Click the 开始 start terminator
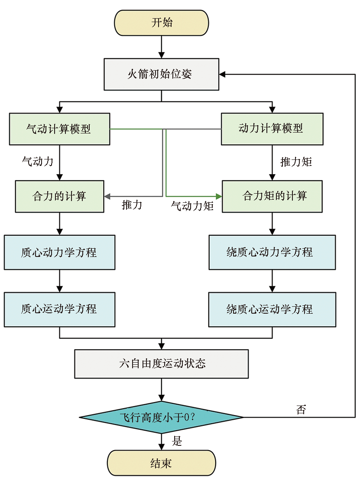click(x=162, y=23)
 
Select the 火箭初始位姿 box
click(x=161, y=74)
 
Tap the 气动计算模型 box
click(x=59, y=129)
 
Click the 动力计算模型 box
click(x=272, y=129)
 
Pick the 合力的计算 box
click(x=59, y=196)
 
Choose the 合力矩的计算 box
click(x=272, y=196)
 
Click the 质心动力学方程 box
click(x=59, y=252)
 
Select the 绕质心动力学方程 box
click(x=272, y=252)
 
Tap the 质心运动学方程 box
click(x=59, y=309)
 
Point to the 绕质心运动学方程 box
click(x=272, y=309)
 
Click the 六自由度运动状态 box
click(x=162, y=363)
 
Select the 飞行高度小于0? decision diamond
click(x=161, y=417)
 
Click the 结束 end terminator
click(x=162, y=463)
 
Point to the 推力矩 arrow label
click(x=296, y=162)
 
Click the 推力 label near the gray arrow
click(x=132, y=205)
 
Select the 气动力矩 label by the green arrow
click(x=192, y=206)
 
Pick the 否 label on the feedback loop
click(x=301, y=409)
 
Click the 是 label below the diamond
click(x=177, y=441)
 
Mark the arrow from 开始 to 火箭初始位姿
click(x=162, y=46)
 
